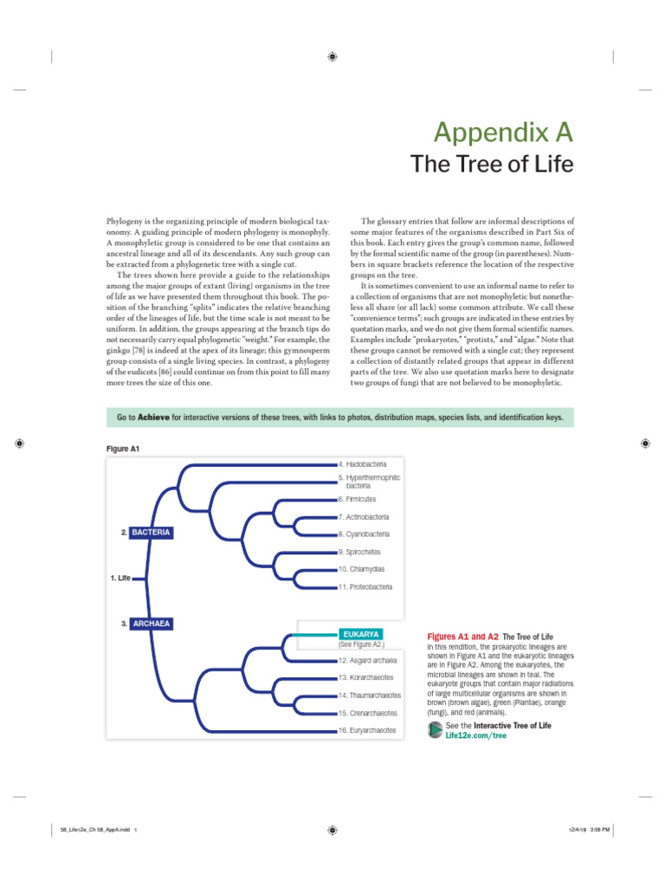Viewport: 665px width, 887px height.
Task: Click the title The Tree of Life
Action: click(491, 165)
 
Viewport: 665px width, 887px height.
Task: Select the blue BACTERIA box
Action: click(152, 531)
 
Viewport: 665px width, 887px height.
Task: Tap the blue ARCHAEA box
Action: click(152, 623)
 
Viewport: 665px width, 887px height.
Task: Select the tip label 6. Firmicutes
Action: click(358, 499)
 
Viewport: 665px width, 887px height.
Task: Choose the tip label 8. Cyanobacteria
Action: click(364, 534)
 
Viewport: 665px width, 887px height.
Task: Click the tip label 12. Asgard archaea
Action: click(367, 660)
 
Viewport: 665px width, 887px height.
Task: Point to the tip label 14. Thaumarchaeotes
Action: click(370, 695)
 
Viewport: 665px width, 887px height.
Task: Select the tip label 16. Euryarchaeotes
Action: click(367, 730)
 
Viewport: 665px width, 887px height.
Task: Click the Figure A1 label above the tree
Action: click(122, 448)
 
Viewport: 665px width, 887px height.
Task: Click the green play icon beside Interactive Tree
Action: click(435, 729)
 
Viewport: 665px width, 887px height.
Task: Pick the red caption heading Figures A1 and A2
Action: click(463, 636)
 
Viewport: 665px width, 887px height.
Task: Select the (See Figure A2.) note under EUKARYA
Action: click(360, 644)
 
